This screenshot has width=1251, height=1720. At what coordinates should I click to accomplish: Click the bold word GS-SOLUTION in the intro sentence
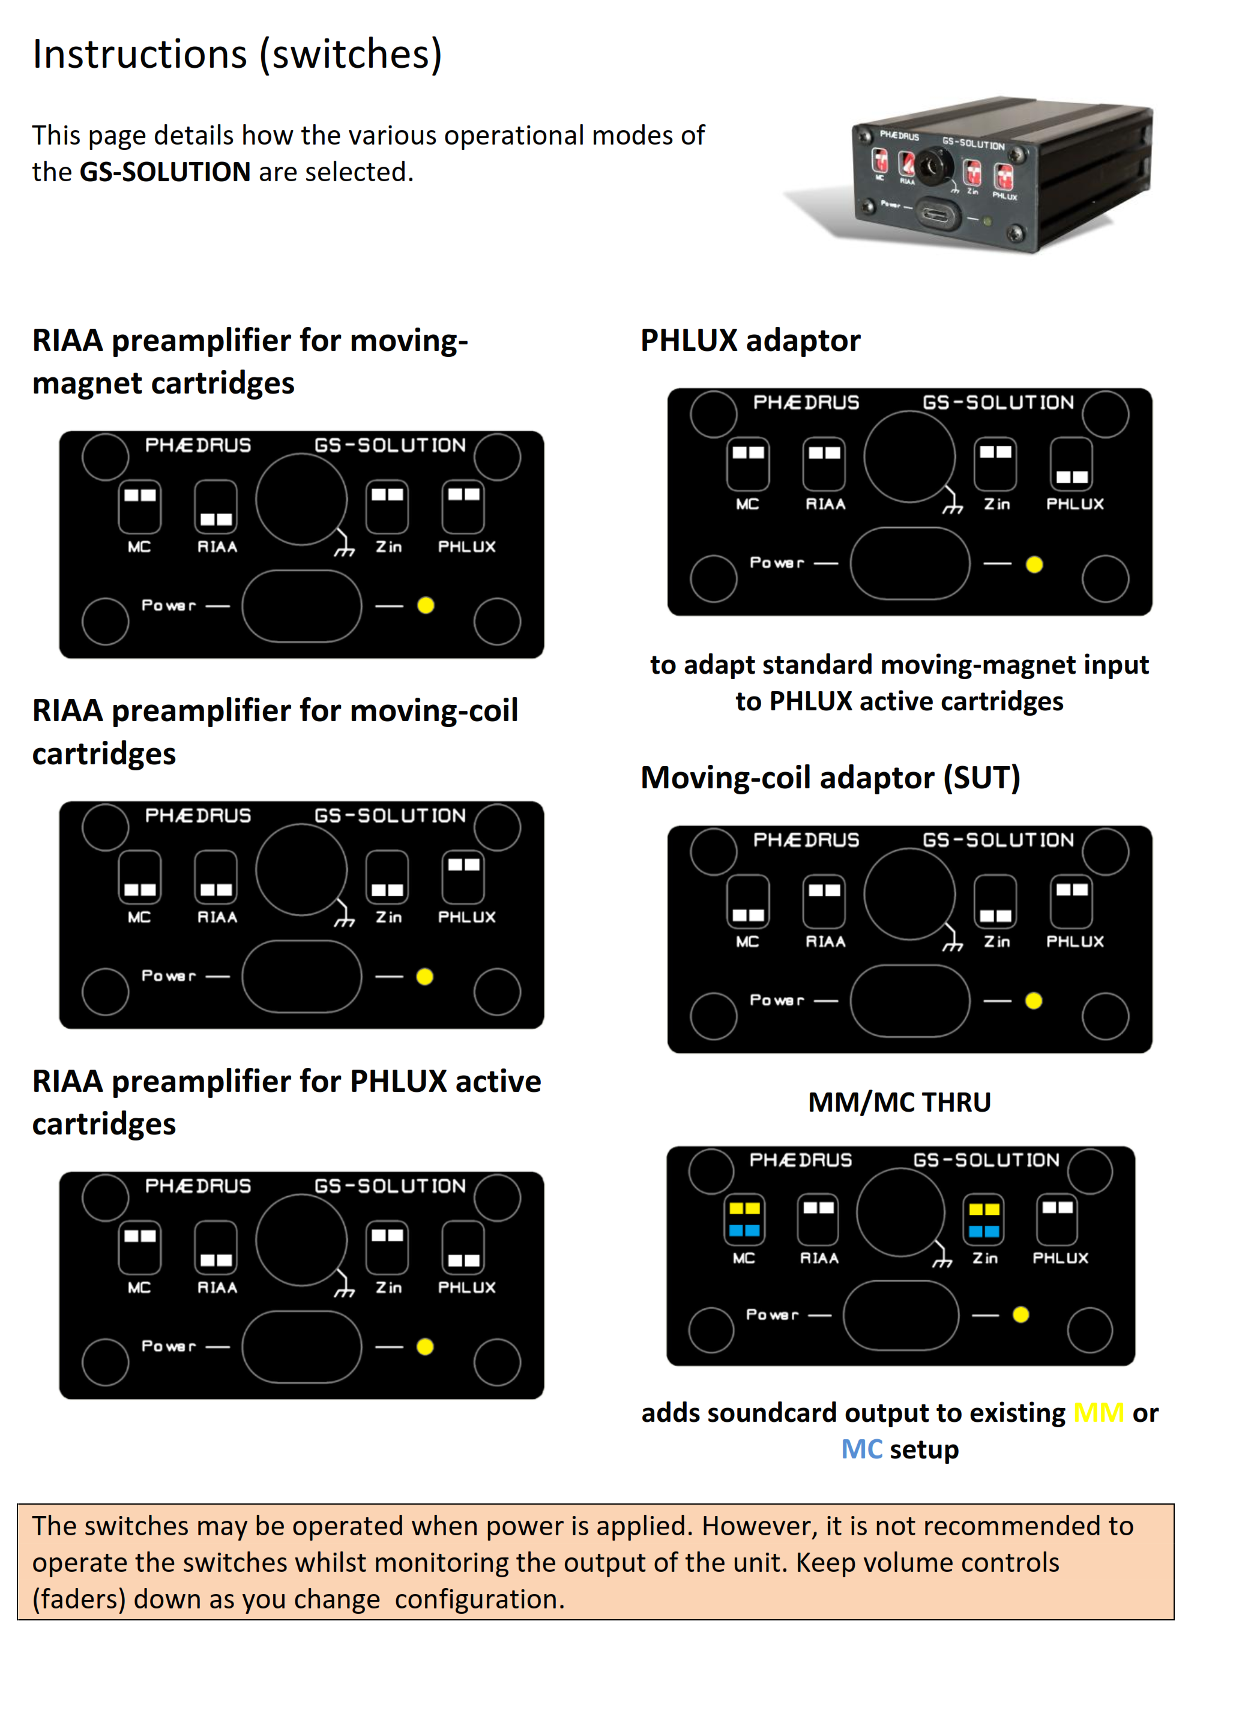(164, 172)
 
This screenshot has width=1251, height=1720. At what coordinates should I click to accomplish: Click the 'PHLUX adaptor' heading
(750, 341)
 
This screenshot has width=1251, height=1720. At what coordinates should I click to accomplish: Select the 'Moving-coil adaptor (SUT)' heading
(830, 778)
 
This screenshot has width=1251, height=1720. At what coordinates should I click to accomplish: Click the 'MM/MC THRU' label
(899, 1102)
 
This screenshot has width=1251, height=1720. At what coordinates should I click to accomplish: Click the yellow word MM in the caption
(1098, 1413)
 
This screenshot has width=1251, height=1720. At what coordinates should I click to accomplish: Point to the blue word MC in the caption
(862, 1449)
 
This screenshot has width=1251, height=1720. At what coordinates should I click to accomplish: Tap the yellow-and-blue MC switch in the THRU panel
(744, 1220)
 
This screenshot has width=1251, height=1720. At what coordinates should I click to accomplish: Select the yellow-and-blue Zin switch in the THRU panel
(984, 1220)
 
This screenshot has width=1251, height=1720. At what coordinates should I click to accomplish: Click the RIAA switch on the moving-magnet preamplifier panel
(216, 506)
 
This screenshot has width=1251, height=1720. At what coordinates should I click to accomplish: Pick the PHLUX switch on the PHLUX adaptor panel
(1071, 463)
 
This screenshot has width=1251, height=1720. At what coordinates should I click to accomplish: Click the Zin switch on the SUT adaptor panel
(995, 901)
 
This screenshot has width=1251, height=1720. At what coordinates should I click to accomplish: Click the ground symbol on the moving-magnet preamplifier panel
(345, 549)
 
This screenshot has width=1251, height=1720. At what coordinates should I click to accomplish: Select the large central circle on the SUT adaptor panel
(909, 893)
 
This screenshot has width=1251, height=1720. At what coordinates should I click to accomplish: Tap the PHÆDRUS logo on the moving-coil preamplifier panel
(198, 815)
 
